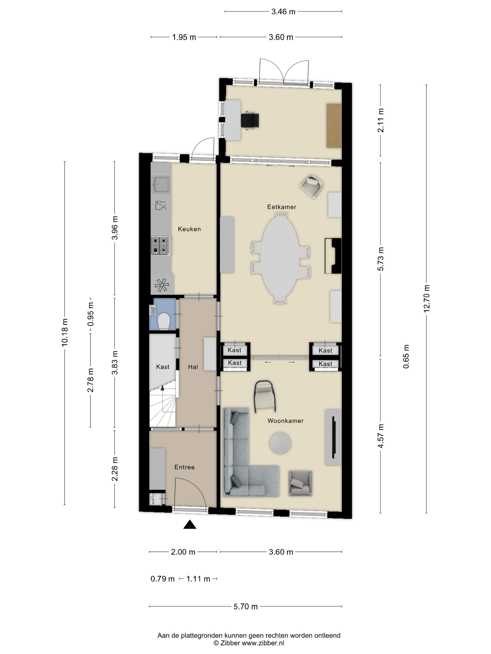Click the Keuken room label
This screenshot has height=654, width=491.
point(189,229)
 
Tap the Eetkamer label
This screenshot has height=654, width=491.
point(282,207)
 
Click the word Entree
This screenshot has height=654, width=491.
point(184,467)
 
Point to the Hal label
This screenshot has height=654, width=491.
point(193,367)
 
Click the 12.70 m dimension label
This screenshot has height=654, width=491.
point(426,298)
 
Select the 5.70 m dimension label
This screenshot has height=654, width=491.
point(246,606)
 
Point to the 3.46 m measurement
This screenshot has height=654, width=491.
point(283,11)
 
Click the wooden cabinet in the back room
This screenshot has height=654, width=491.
point(334,125)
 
